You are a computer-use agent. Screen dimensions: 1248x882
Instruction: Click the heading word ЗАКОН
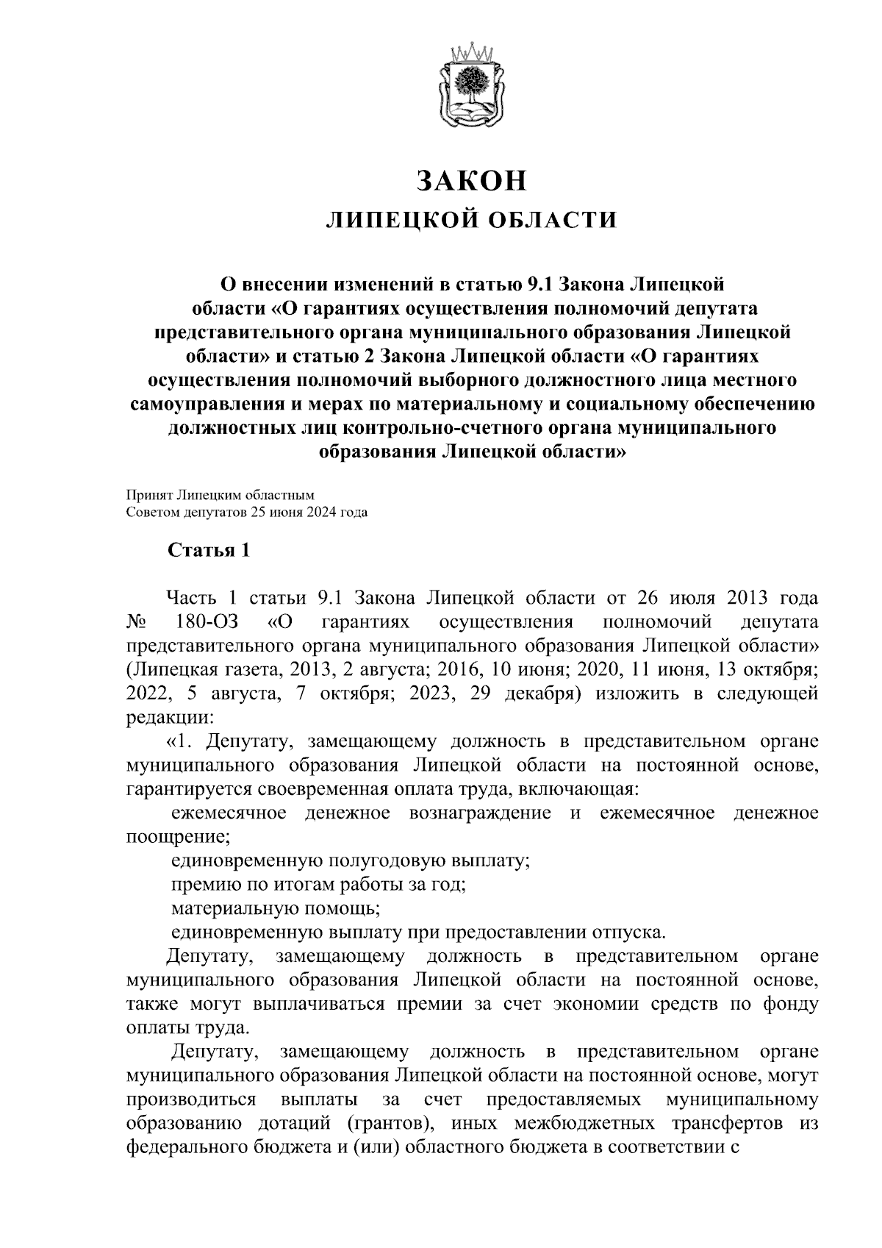click(x=472, y=180)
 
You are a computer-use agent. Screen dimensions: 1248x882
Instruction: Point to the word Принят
click(x=147, y=496)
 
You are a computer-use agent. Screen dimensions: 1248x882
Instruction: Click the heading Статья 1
click(x=209, y=551)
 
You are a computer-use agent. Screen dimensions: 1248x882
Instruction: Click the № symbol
click(x=137, y=621)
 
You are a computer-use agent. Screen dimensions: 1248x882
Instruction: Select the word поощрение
click(x=175, y=836)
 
